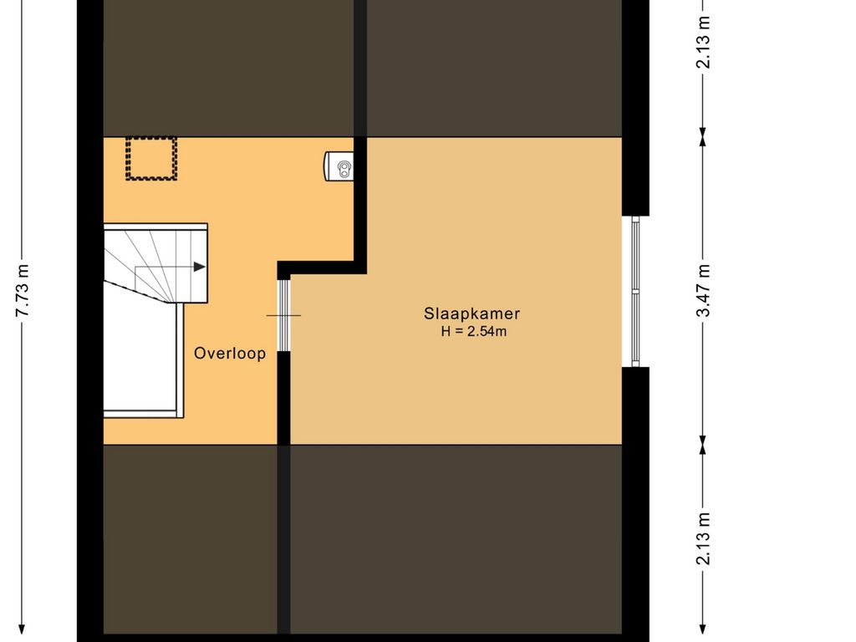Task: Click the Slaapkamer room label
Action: (471, 314)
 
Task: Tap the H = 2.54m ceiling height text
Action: (474, 331)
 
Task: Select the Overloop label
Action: (230, 354)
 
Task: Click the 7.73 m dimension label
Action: (23, 290)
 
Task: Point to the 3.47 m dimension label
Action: (703, 290)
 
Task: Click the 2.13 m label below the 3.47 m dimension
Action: (703, 538)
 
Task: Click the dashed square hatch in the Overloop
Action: (151, 158)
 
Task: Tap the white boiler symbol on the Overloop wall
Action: (339, 166)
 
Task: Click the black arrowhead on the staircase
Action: (200, 267)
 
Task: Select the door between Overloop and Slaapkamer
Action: (283, 315)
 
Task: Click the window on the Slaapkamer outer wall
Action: (635, 292)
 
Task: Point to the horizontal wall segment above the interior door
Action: (322, 267)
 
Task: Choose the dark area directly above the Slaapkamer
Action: (494, 68)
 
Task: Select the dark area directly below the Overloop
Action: (191, 539)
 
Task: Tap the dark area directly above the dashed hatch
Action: (229, 68)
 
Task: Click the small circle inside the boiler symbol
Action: (344, 166)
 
